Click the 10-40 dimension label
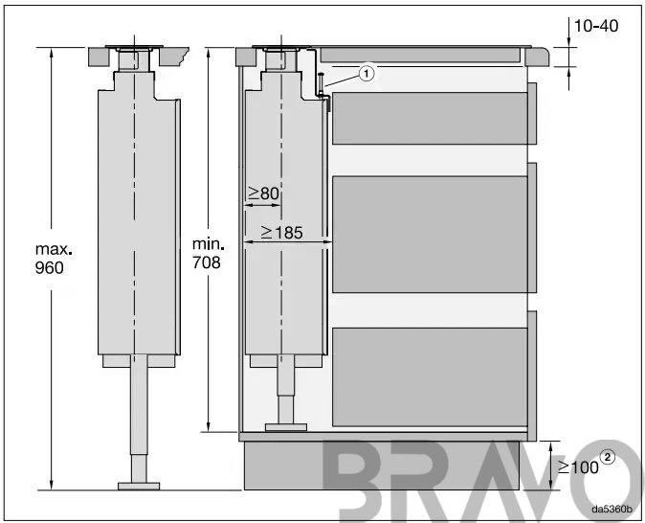(595, 26)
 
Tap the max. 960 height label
(54, 259)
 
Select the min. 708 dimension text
(209, 254)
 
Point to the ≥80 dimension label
(264, 193)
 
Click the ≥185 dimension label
(282, 233)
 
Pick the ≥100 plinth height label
(578, 467)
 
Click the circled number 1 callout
(367, 74)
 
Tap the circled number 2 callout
(608, 457)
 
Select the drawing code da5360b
(612, 509)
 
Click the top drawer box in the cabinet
(430, 118)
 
